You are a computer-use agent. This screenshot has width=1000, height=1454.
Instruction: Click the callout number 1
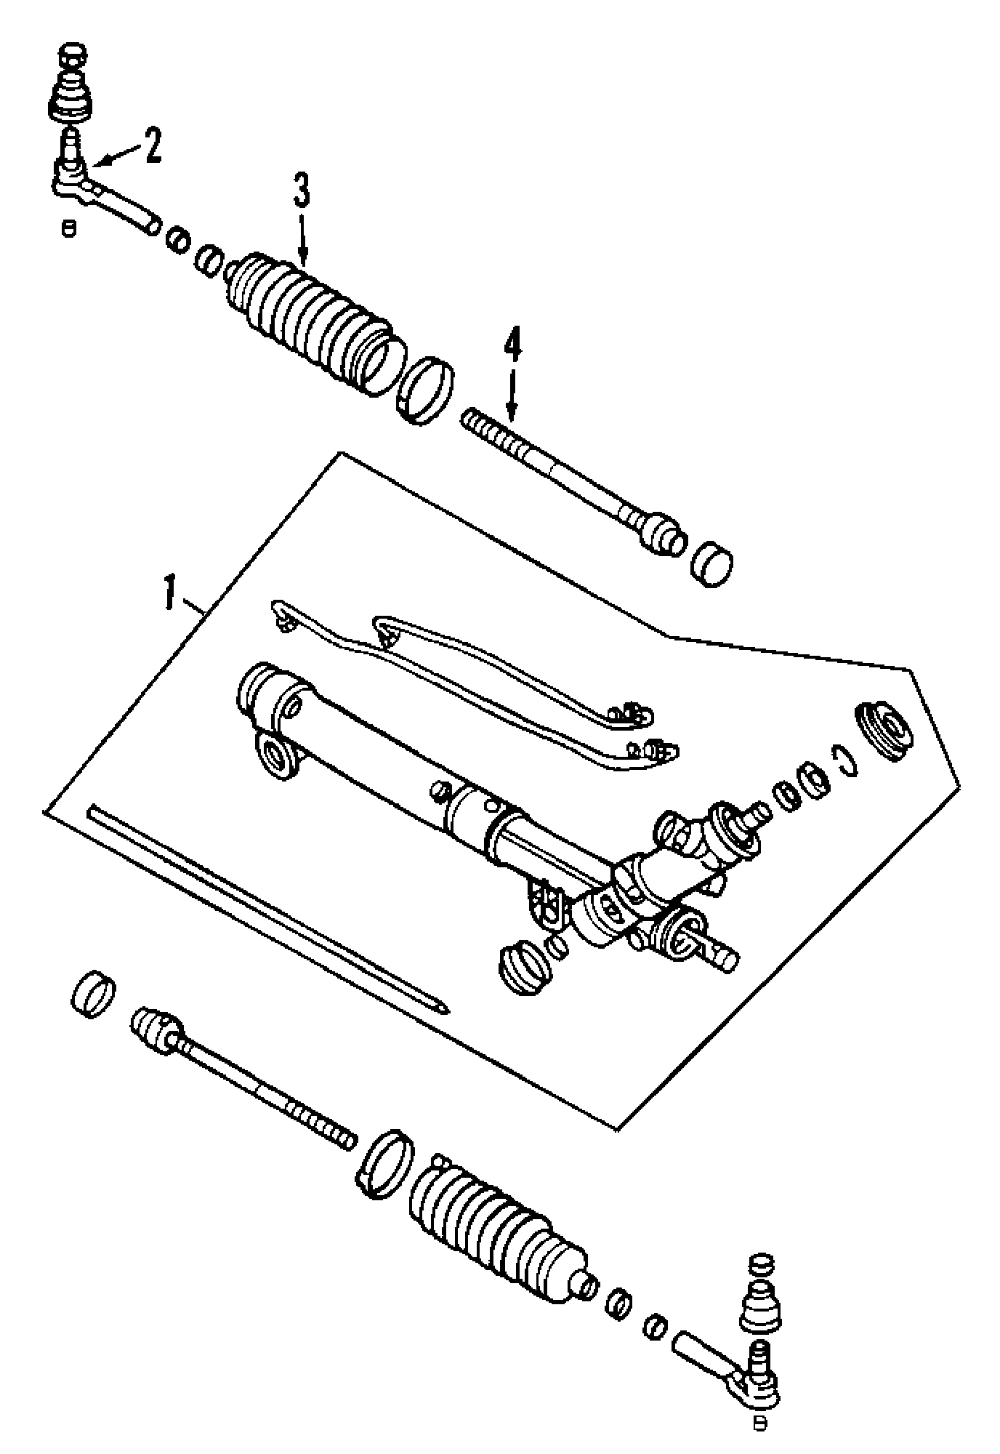click(170, 592)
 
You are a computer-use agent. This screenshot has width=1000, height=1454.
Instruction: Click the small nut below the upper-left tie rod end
click(69, 228)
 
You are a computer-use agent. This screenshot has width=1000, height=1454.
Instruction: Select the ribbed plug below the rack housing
click(520, 965)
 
